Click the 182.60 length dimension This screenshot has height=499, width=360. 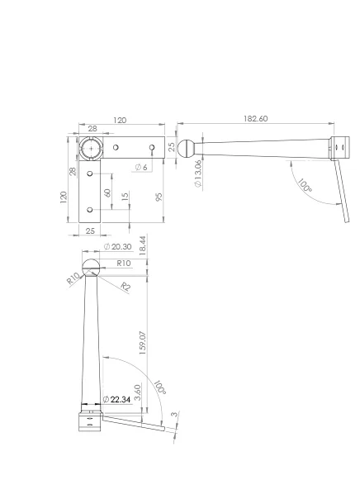click(256, 119)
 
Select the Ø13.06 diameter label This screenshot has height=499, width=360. click(198, 173)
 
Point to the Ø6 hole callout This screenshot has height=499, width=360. click(141, 168)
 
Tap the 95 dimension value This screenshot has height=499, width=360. click(159, 197)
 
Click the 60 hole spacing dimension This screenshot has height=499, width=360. click(107, 192)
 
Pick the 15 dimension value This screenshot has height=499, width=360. click(126, 196)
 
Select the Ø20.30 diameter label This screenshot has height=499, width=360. click(118, 247)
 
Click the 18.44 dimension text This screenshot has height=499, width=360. click(143, 245)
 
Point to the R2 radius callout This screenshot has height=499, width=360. click(126, 287)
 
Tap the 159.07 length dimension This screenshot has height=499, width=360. click(142, 343)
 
